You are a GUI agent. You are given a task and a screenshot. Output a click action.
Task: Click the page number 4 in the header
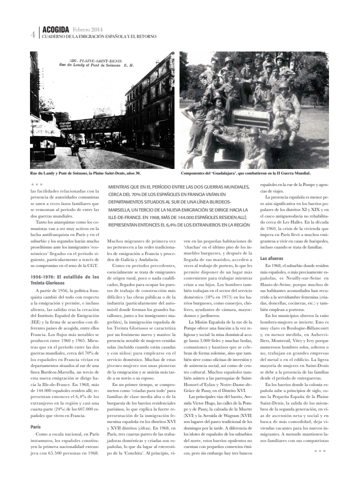point(32,34)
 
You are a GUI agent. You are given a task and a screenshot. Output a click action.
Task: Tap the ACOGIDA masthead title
point(55,30)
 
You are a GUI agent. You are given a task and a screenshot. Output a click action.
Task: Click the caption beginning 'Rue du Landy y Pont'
point(85,173)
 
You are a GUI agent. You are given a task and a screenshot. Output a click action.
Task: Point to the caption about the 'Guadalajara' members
point(245,173)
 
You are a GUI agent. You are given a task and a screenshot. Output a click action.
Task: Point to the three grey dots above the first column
point(36,184)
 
